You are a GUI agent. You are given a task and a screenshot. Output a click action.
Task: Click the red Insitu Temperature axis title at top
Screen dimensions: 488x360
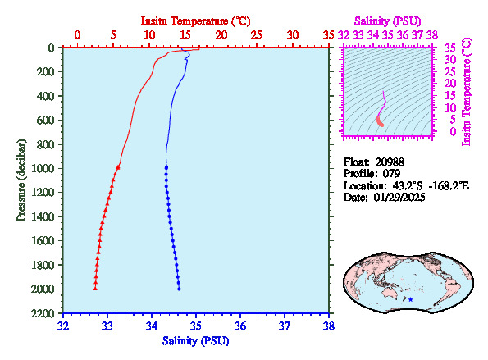point(195,21)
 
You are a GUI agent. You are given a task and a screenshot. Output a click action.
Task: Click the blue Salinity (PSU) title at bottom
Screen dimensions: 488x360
point(195,341)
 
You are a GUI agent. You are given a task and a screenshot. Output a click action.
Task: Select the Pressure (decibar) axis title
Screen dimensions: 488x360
point(21,180)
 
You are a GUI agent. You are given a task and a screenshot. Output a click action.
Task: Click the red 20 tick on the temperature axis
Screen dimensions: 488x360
point(221,34)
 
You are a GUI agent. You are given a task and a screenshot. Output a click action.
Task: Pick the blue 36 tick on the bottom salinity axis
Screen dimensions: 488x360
point(240,326)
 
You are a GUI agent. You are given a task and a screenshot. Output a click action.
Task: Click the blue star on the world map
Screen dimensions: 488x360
point(411,299)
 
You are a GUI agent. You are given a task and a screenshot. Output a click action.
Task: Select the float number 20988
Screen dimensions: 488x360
point(390,162)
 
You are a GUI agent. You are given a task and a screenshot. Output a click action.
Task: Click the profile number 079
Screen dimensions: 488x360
point(391,174)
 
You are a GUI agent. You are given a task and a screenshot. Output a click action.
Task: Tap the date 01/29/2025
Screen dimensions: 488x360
point(399,198)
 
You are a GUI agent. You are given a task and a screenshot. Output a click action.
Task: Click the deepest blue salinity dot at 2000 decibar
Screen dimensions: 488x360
point(179,289)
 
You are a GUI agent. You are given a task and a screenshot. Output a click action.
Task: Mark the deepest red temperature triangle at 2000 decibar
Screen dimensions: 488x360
point(95,289)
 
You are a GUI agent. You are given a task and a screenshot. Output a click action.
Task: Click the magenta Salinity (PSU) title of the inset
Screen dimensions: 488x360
point(387,21)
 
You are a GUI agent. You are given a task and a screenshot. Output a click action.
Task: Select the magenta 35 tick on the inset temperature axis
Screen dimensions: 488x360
point(449,48)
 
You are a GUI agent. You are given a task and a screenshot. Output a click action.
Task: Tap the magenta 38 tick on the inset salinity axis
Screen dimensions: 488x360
point(432,34)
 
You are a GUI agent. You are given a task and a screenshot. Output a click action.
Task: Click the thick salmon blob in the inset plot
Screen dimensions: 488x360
point(380,121)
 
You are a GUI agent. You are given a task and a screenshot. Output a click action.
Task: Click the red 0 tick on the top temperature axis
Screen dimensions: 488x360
point(77,34)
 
